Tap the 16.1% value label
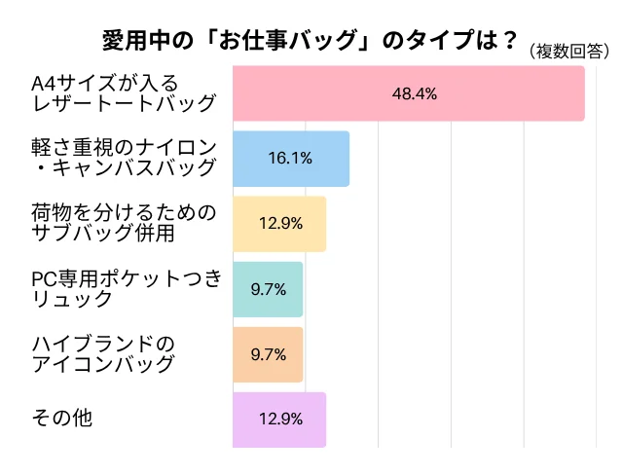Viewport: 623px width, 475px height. (289, 159)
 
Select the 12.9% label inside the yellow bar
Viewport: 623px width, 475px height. (279, 224)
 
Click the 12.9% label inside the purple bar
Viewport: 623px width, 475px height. (279, 420)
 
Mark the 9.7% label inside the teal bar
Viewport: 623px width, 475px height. (268, 289)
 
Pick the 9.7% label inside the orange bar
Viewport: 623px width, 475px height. (268, 354)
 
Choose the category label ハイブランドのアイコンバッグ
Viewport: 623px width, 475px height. (103, 353)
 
